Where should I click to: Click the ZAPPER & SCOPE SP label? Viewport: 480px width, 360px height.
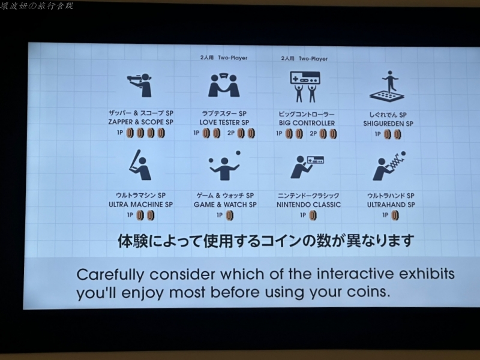(141, 122)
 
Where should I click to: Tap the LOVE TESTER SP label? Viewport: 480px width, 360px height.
(224, 122)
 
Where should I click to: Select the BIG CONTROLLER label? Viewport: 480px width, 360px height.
(307, 123)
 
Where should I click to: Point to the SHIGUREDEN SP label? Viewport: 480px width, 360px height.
(388, 124)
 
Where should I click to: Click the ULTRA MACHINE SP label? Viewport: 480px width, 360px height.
(141, 204)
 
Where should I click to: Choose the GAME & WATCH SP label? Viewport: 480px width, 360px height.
(226, 205)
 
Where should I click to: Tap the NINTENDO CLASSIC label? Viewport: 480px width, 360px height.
(308, 205)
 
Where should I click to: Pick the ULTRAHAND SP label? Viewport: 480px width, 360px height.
(391, 205)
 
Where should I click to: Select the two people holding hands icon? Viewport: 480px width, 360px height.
(224, 85)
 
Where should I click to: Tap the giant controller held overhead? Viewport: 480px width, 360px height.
(305, 79)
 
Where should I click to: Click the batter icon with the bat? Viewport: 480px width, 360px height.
(140, 166)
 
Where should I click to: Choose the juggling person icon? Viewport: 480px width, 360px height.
(224, 166)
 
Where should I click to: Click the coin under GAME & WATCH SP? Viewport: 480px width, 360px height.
(230, 215)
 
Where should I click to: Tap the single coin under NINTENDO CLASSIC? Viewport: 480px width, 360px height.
(313, 215)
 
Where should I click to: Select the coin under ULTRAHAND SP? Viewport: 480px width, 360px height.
(395, 215)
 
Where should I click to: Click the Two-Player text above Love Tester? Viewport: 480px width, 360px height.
(233, 58)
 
